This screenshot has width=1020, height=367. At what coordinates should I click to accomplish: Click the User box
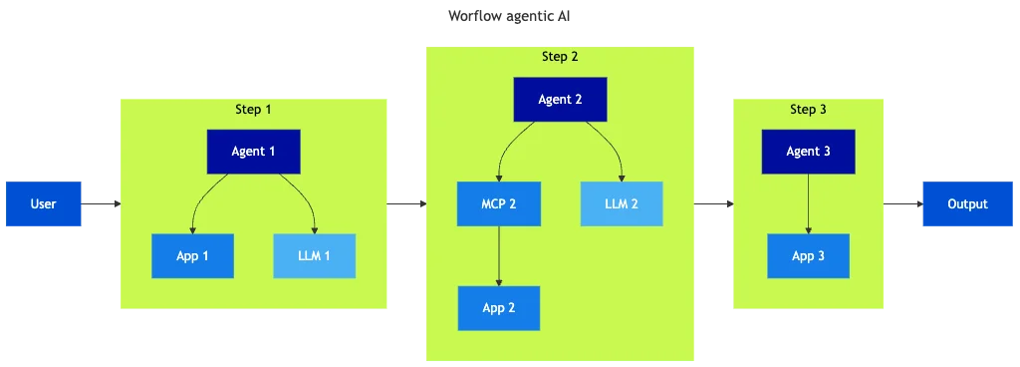[43, 203]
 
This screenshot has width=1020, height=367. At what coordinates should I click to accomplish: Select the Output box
[966, 203]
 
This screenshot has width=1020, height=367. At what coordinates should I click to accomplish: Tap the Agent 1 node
[253, 152]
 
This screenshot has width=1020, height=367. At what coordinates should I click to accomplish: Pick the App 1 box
[192, 256]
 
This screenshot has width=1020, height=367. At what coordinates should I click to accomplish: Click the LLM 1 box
[314, 256]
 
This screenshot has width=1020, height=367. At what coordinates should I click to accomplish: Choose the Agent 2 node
[560, 100]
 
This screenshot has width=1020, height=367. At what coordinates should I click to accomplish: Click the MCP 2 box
[498, 203]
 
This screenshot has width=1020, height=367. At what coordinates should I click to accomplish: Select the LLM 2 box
[622, 203]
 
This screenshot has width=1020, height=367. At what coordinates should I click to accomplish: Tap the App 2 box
[498, 308]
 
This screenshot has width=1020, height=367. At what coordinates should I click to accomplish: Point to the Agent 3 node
[808, 152]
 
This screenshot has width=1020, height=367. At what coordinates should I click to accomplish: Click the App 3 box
[808, 256]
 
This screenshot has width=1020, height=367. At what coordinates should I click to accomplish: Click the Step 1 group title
[253, 109]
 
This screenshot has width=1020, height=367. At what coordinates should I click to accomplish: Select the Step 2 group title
[560, 57]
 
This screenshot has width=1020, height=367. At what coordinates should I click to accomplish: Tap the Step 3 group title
[808, 109]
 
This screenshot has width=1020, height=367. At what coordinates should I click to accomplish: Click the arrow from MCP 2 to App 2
[498, 255]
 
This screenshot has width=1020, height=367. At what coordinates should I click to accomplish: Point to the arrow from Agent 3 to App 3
[808, 203]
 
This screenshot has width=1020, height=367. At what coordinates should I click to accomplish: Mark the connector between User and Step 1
[103, 203]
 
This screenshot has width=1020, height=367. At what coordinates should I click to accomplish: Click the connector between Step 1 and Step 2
[405, 203]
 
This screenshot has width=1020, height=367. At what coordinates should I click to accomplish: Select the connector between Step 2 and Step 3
[713, 203]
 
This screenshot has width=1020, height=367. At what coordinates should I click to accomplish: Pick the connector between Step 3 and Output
[900, 203]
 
